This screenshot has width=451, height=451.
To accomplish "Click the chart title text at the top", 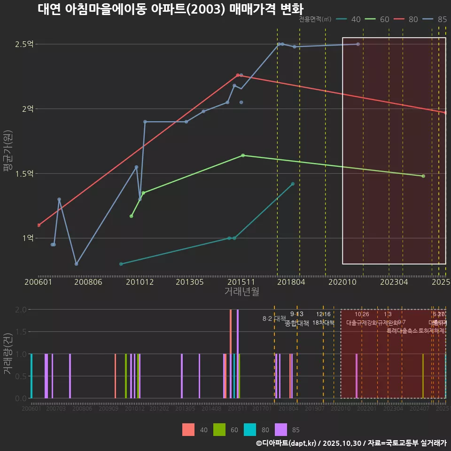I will coord(171,9).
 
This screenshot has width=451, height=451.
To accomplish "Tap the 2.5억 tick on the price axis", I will coord(24,44).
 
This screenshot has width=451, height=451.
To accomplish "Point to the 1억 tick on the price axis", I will coord(27,238).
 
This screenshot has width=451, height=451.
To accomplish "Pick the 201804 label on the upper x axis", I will coord(291,282).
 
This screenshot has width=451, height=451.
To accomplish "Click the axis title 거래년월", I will coord(241,292).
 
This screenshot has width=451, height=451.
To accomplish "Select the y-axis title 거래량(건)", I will coord(7,354).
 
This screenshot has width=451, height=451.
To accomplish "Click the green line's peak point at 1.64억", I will coord(243,155).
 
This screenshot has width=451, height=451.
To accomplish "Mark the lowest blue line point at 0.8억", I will coord(77,264).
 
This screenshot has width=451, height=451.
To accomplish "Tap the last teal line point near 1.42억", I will coord(293,184).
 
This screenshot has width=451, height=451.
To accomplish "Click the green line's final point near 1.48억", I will coord(423,176).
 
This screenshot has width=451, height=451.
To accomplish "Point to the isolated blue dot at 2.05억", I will coord(241,102).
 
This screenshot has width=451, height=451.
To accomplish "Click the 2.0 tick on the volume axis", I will coord(21,310).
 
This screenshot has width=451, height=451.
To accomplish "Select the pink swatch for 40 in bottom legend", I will coord(188,429).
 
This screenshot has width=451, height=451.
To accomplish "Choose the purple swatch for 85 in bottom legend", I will coord(281,429).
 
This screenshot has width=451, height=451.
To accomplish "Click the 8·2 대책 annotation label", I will coord(274,319).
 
